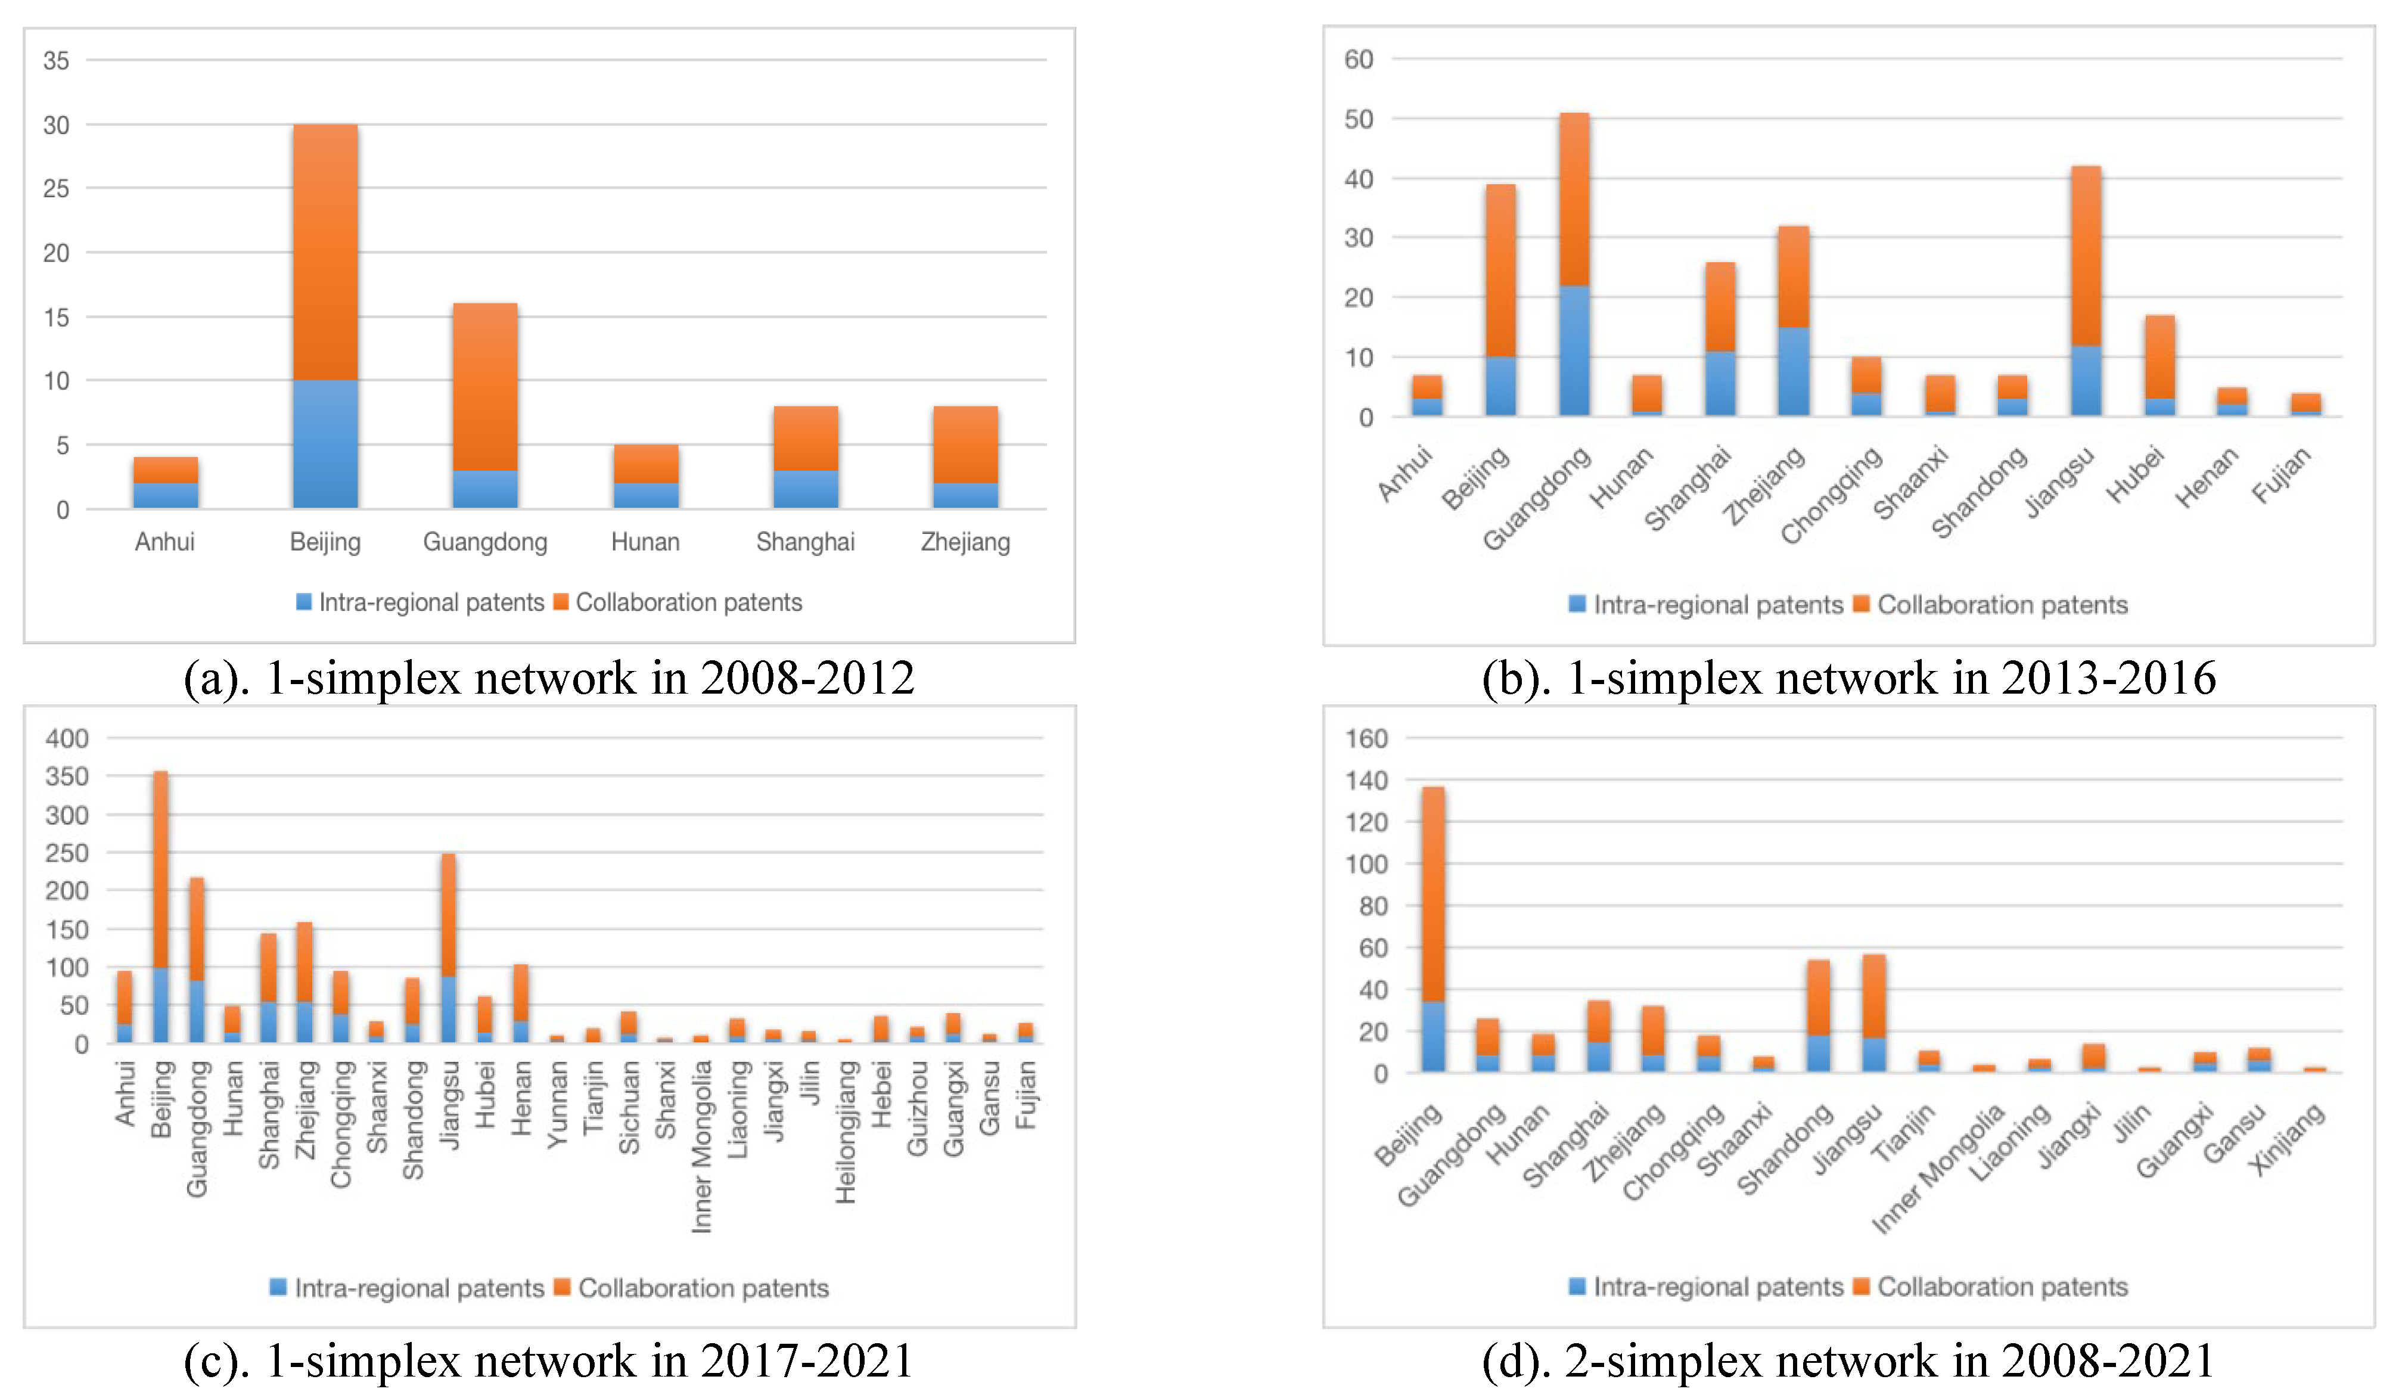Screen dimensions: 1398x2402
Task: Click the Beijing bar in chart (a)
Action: [325, 315]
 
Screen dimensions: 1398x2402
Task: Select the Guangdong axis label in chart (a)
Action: [485, 542]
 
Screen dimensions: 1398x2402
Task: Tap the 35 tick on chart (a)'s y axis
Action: [56, 61]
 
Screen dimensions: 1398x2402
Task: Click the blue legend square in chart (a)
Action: [304, 602]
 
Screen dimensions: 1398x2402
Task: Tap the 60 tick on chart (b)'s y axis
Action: [1358, 59]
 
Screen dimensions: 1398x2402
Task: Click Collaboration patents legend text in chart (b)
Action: [2002, 605]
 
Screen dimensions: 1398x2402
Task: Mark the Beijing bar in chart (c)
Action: [161, 905]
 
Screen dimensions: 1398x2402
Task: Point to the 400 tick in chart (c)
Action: [67, 738]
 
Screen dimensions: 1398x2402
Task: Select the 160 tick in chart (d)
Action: [1366, 738]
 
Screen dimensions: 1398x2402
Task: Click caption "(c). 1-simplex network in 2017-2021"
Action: [548, 1361]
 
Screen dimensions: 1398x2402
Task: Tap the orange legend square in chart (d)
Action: [1860, 1287]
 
